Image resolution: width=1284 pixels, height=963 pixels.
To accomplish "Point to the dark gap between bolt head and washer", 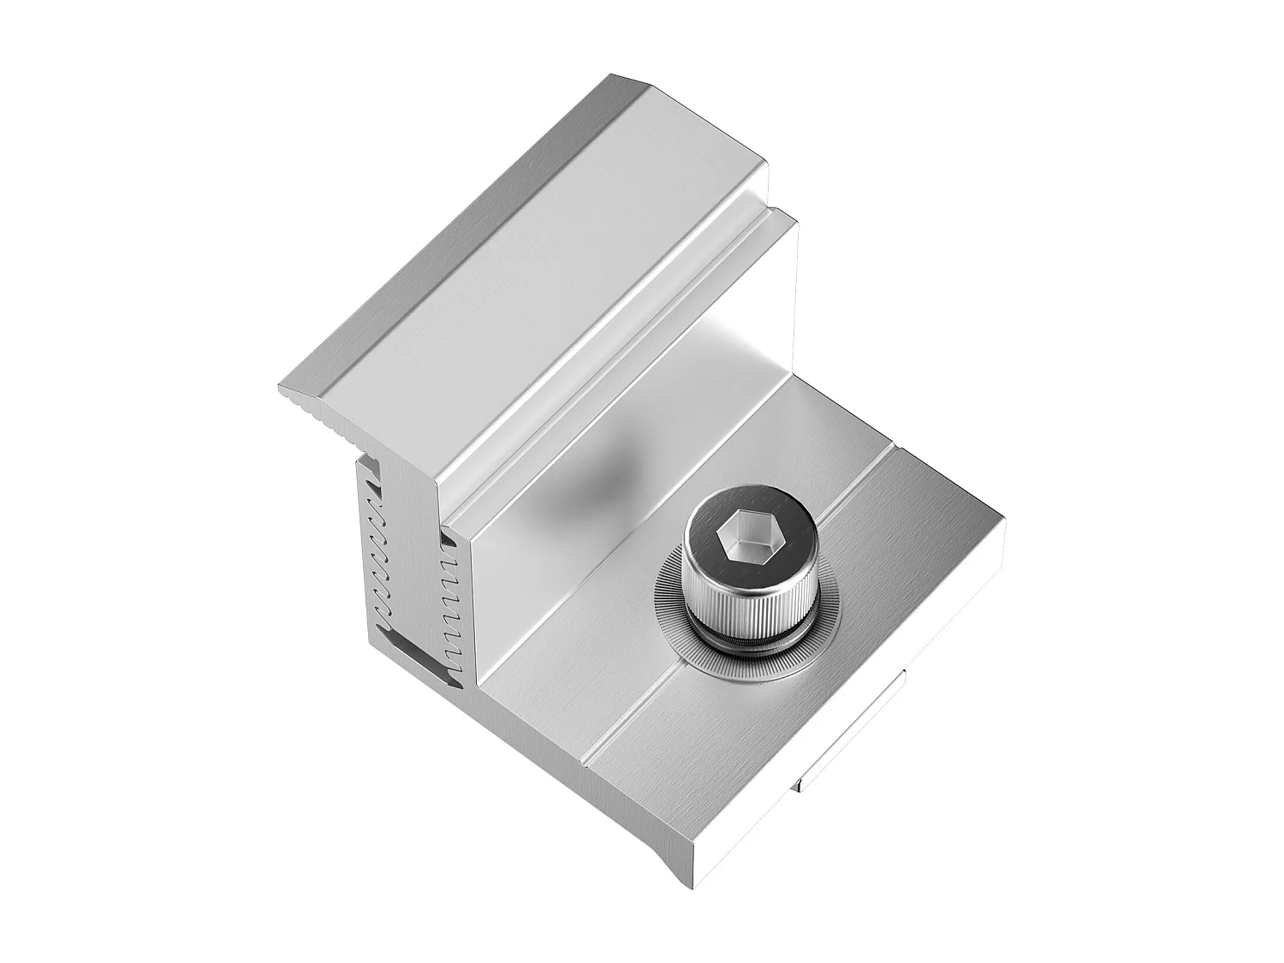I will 746,639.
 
